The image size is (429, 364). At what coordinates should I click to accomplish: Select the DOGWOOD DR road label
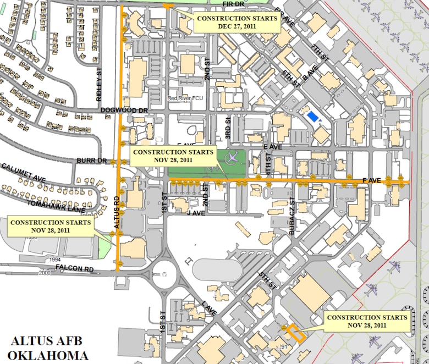point(124,111)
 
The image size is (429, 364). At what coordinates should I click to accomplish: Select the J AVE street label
point(196,212)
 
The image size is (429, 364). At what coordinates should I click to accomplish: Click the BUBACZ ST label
point(293,216)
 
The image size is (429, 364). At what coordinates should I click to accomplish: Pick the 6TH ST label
point(291,78)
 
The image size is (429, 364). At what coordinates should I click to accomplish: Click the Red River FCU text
point(185,98)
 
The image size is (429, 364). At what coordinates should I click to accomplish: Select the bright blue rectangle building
point(312,117)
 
